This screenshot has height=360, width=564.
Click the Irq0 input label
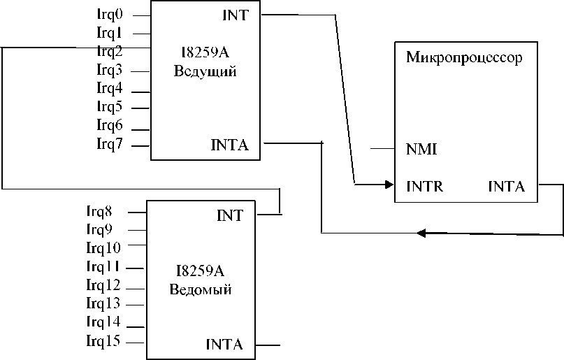coord(110,13)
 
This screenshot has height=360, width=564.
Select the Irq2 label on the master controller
coord(110,50)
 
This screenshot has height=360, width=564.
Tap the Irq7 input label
coord(110,144)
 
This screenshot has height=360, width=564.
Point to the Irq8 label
coord(101,210)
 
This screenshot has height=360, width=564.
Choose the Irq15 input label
coord(103,341)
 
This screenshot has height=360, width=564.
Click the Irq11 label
coord(103,266)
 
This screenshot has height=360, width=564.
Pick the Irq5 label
coord(110,106)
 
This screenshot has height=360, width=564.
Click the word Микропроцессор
coord(464,57)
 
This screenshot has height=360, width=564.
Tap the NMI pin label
coord(421,149)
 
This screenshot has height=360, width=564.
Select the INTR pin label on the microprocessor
coord(424,187)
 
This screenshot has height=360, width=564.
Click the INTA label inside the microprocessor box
coord(507,187)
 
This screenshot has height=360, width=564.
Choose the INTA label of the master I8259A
coord(229,145)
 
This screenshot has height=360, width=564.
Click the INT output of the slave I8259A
coord(230,216)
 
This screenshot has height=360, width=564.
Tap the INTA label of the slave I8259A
coord(224,345)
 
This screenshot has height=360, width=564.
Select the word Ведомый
coord(201,289)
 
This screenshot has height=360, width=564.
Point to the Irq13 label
coord(103,304)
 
